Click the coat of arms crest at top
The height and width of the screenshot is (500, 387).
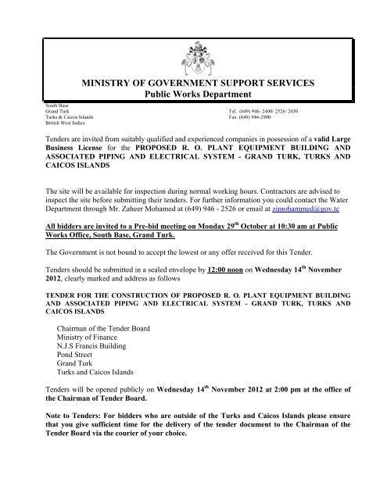195,47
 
